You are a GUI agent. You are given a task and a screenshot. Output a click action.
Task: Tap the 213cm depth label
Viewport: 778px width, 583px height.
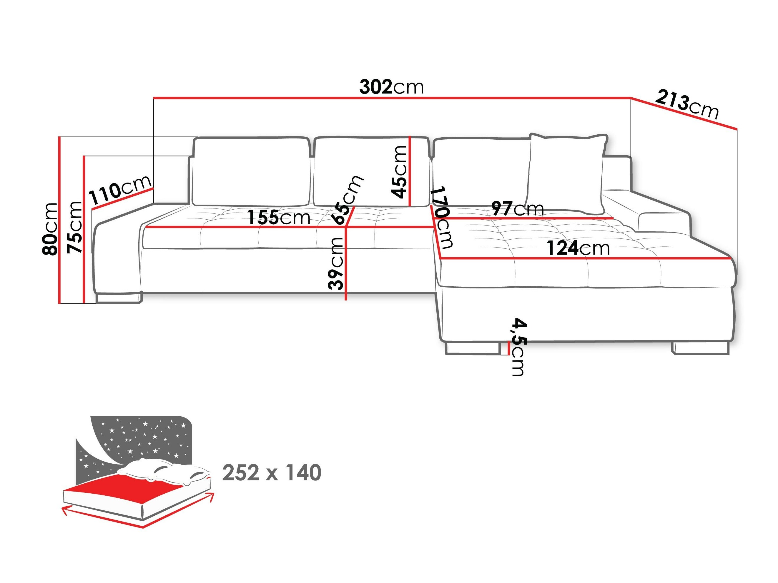click(686, 105)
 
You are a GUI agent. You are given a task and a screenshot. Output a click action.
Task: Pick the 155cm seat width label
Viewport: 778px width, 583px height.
click(279, 218)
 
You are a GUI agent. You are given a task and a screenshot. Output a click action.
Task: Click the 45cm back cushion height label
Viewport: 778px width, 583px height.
click(399, 172)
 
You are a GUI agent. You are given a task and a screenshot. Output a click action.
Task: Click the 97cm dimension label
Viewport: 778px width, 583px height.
click(517, 209)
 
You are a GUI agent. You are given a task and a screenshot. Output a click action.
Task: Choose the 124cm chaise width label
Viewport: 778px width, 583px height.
click(578, 248)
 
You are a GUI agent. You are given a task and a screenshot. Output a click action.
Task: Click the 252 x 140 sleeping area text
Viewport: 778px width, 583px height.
click(272, 473)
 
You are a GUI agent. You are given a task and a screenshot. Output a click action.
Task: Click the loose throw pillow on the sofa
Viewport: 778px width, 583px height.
click(567, 174)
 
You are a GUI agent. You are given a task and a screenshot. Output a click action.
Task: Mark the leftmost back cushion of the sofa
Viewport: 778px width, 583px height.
click(250, 171)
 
